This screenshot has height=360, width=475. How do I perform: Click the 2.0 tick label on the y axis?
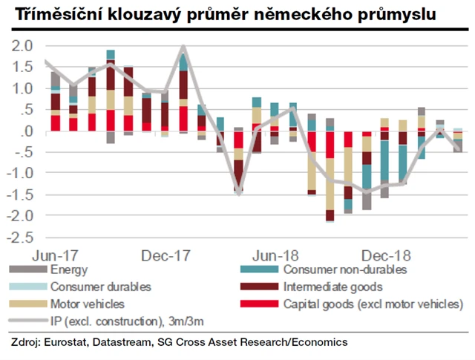pos(23,45)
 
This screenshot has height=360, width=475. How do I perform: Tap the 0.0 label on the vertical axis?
pos(23,131)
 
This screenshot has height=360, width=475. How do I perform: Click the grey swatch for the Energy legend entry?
pos(26,269)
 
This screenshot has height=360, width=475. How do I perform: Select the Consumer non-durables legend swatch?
pos(259,269)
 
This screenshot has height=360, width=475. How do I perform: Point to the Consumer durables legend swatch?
pos(26,286)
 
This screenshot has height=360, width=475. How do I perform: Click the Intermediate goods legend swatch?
pos(259,286)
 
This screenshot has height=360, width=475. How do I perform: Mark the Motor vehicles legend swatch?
pos(26,304)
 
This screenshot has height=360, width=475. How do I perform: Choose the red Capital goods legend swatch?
pos(259,304)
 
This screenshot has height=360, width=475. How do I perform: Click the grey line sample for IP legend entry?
pos(26,321)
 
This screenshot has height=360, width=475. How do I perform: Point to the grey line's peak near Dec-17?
pos(183,48)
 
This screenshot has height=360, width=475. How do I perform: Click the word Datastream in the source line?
pos(128,343)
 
